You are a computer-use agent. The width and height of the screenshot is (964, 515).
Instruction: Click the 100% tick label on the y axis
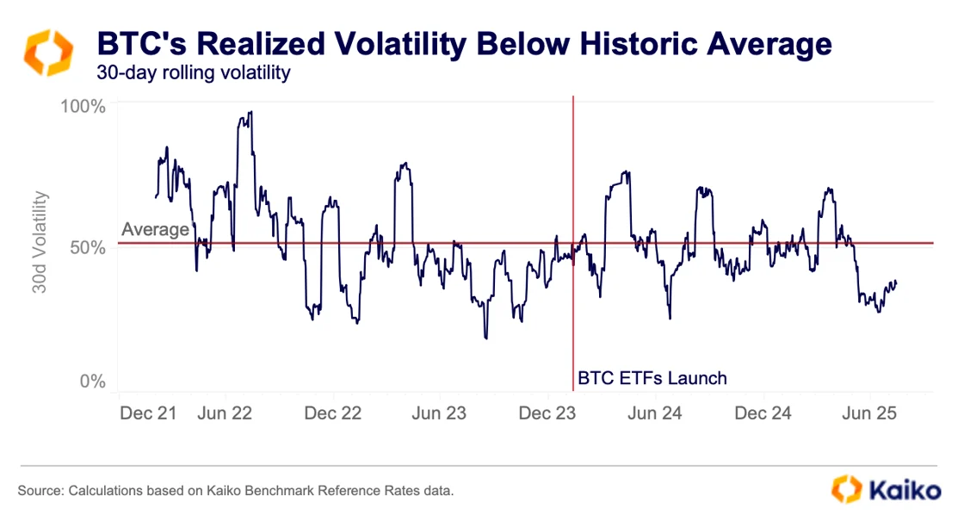point(83,107)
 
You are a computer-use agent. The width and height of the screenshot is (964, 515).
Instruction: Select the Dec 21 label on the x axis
point(147,413)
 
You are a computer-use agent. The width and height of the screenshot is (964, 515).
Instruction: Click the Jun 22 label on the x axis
point(226,413)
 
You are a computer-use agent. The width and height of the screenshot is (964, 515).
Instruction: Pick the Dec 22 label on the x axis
point(334,413)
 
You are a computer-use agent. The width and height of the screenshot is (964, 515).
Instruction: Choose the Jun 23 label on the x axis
point(439,413)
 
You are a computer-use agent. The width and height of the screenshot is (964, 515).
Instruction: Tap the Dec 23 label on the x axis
point(548,413)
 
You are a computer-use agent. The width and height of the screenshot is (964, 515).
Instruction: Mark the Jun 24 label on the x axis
point(655,413)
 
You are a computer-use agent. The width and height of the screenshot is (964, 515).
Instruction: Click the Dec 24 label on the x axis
point(763,413)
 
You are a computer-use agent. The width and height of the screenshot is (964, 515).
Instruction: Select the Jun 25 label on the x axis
point(869,413)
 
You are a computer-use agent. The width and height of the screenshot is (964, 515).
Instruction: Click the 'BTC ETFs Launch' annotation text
point(652,377)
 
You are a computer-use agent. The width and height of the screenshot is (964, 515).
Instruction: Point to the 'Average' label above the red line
point(155,229)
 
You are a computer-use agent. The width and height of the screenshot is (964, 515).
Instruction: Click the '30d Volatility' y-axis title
point(40,242)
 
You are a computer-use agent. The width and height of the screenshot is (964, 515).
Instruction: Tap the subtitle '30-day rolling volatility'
point(194,73)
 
